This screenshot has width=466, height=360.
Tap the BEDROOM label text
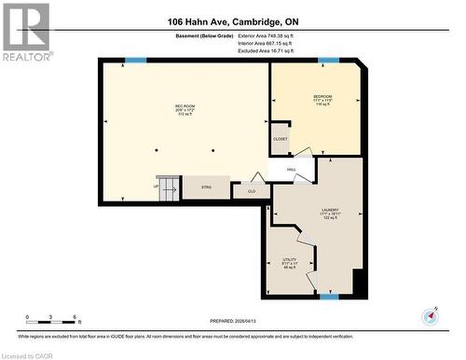coord(322,97)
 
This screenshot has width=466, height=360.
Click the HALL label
coord(291,170)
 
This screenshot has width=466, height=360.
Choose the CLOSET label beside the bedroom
coord(281,139)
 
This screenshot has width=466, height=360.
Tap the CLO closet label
coord(251,191)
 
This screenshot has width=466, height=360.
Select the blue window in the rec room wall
coord(136,61)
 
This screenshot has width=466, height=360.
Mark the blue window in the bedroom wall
coord(327,61)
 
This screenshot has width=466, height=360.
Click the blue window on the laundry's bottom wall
coord(328,297)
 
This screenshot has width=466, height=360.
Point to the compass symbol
coord(430,315)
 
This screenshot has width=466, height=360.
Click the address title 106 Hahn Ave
coord(232,21)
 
